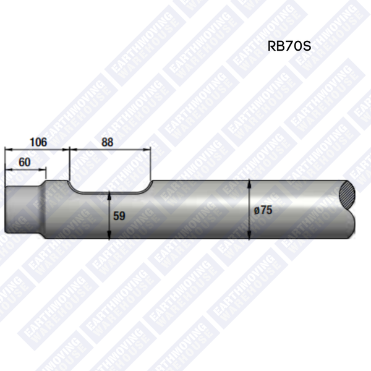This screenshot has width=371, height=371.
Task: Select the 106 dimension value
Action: click(x=38, y=142)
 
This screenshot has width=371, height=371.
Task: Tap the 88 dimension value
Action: click(x=108, y=142)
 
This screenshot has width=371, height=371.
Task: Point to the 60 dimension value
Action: click(x=25, y=161)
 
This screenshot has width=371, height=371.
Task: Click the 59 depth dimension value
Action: click(x=120, y=216)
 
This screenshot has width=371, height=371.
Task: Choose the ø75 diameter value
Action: click(x=263, y=210)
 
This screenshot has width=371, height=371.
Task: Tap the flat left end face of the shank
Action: click(x=6, y=210)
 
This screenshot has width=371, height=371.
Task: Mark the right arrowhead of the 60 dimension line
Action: click(x=45, y=169)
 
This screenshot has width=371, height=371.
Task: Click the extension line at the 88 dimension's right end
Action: click(x=151, y=164)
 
